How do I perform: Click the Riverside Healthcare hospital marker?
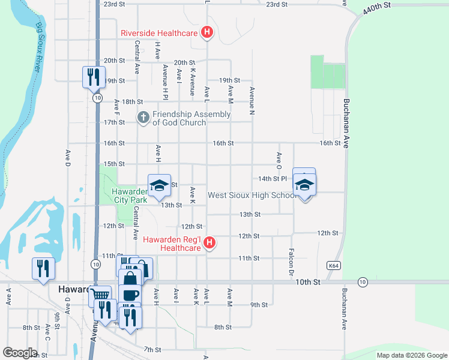click(207, 32)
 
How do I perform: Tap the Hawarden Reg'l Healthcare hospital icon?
click(209, 242)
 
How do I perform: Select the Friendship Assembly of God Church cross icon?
click(143, 118)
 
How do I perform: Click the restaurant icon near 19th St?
click(93, 76)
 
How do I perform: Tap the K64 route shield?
click(334, 265)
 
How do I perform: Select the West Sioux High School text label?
click(250, 196)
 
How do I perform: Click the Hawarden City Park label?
click(129, 196)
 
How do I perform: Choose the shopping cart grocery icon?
click(100, 295)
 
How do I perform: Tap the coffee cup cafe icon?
click(130, 295)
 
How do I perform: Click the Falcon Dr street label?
click(291, 262)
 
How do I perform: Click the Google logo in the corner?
click(20, 352)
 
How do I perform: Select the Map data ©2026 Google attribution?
click(411, 355)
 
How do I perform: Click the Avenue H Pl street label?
click(164, 83)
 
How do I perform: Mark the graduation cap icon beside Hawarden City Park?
click(160, 185)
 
